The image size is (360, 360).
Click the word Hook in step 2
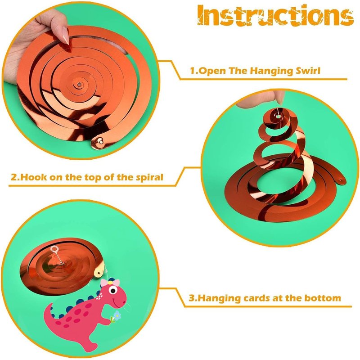(31, 177)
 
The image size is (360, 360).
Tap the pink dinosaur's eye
(113, 291)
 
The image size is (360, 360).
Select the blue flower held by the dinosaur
(117, 315)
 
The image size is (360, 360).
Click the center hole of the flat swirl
(79, 85)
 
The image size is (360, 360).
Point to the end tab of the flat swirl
(98, 142)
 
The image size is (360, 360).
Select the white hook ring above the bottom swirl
(54, 249)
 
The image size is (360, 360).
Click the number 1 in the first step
(193, 71)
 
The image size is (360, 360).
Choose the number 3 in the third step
(192, 298)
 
